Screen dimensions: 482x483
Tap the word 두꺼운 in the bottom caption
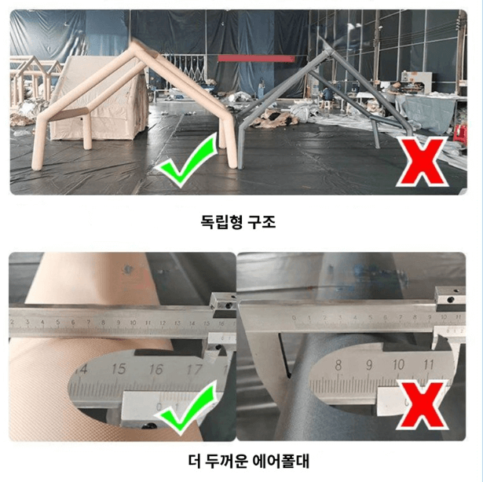pyautogui.click(x=226, y=459)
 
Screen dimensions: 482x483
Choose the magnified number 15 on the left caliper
pyautogui.click(x=119, y=367)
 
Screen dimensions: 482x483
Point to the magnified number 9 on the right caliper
pyautogui.click(x=369, y=365)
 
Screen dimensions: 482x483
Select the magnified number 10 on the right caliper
pyautogui.click(x=399, y=365)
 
